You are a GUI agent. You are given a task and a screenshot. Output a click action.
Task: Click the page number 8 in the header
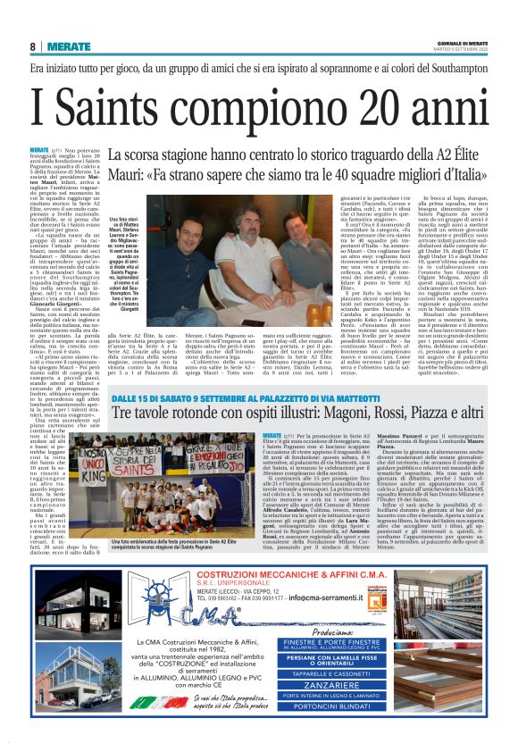tap(33, 46)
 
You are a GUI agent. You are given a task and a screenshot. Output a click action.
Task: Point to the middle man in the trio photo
tap(230, 234)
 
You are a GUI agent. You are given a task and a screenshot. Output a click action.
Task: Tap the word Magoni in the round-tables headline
tap(320, 413)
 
